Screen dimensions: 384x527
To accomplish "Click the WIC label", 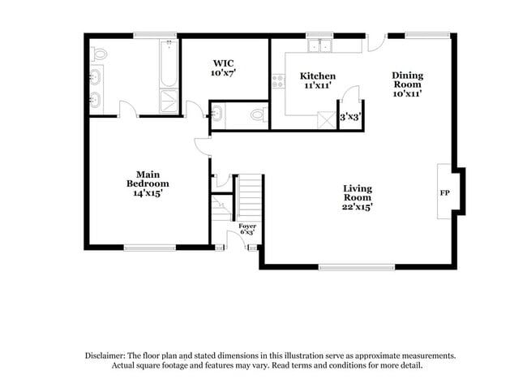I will pos(224,63).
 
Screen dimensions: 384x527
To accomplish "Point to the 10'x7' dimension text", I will pos(224,73).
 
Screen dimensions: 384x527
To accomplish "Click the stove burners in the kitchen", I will pos(278,80).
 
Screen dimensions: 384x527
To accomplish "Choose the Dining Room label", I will pos(408,80).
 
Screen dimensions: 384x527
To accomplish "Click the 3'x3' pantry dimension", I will pos(350,117).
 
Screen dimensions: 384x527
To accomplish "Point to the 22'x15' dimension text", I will pos(358,208).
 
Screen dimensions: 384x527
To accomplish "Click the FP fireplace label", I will pos(444,193).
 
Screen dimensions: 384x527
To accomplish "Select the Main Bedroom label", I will pos(147,179).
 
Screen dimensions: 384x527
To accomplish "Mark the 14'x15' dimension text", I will pos(147,193).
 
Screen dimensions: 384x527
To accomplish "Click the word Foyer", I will pos(247,226).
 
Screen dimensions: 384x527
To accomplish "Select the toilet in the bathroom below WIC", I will pos(258,114).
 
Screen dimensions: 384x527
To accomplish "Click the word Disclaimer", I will pos(109,356).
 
